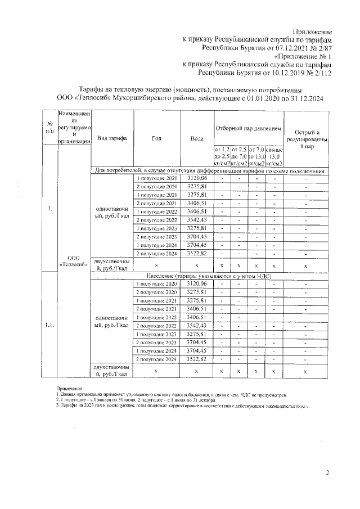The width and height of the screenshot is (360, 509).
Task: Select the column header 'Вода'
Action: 197,138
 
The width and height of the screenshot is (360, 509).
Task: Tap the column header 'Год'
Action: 156,138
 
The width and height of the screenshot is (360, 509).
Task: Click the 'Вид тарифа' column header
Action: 111,138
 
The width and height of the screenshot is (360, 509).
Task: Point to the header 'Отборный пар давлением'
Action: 248,129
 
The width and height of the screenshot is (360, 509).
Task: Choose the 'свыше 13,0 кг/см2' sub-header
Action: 274,156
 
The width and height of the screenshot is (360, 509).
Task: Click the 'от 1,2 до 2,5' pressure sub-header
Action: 222,156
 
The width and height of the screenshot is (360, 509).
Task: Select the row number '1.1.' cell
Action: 49,325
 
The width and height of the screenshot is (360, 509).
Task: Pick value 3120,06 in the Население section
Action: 197,284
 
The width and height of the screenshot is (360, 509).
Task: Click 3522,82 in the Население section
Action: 197,359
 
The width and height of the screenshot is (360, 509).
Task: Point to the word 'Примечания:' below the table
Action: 70,389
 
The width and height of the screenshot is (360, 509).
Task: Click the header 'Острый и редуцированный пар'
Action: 305,138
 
